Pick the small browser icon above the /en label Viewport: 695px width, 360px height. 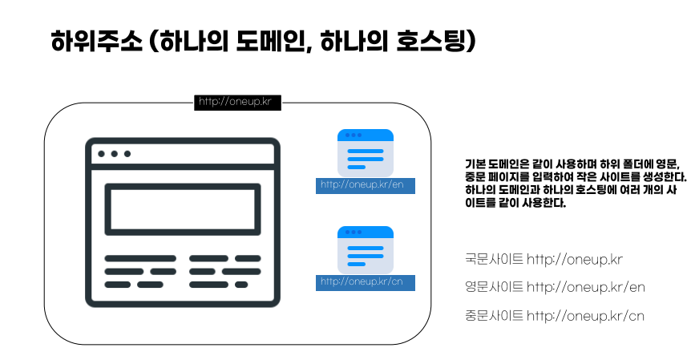tap(366, 152)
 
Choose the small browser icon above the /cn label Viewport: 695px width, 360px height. tap(366, 249)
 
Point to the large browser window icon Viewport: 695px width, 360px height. tap(183, 222)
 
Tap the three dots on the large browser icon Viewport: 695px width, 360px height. tap(115, 153)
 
